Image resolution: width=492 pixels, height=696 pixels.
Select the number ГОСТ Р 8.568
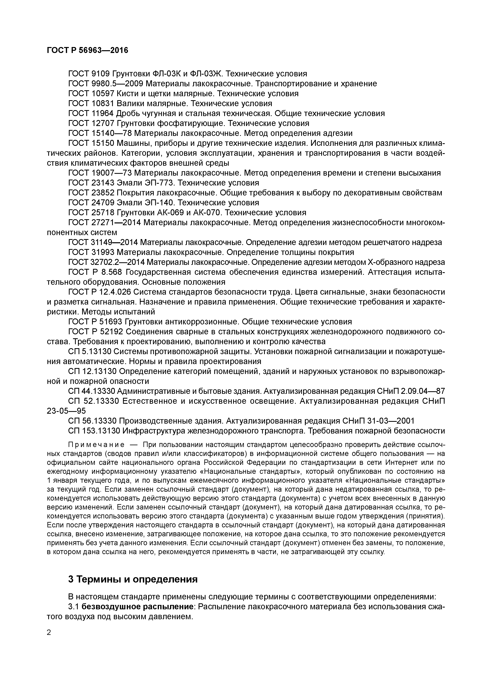click(x=95, y=272)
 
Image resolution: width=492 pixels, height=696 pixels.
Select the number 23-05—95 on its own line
click(x=66, y=411)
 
